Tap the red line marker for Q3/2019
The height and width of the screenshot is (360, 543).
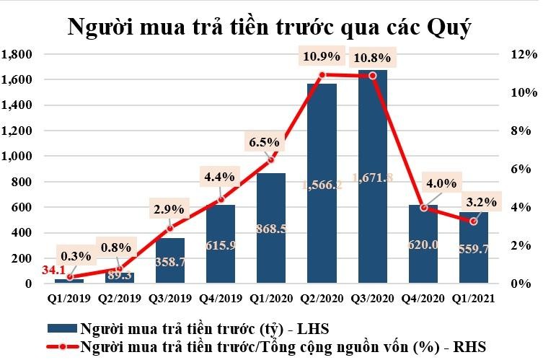coord(170,229)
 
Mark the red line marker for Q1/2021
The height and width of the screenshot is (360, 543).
coord(473,221)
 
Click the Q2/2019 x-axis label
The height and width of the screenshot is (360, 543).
coord(120,296)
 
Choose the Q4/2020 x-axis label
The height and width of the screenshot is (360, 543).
coord(423,296)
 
